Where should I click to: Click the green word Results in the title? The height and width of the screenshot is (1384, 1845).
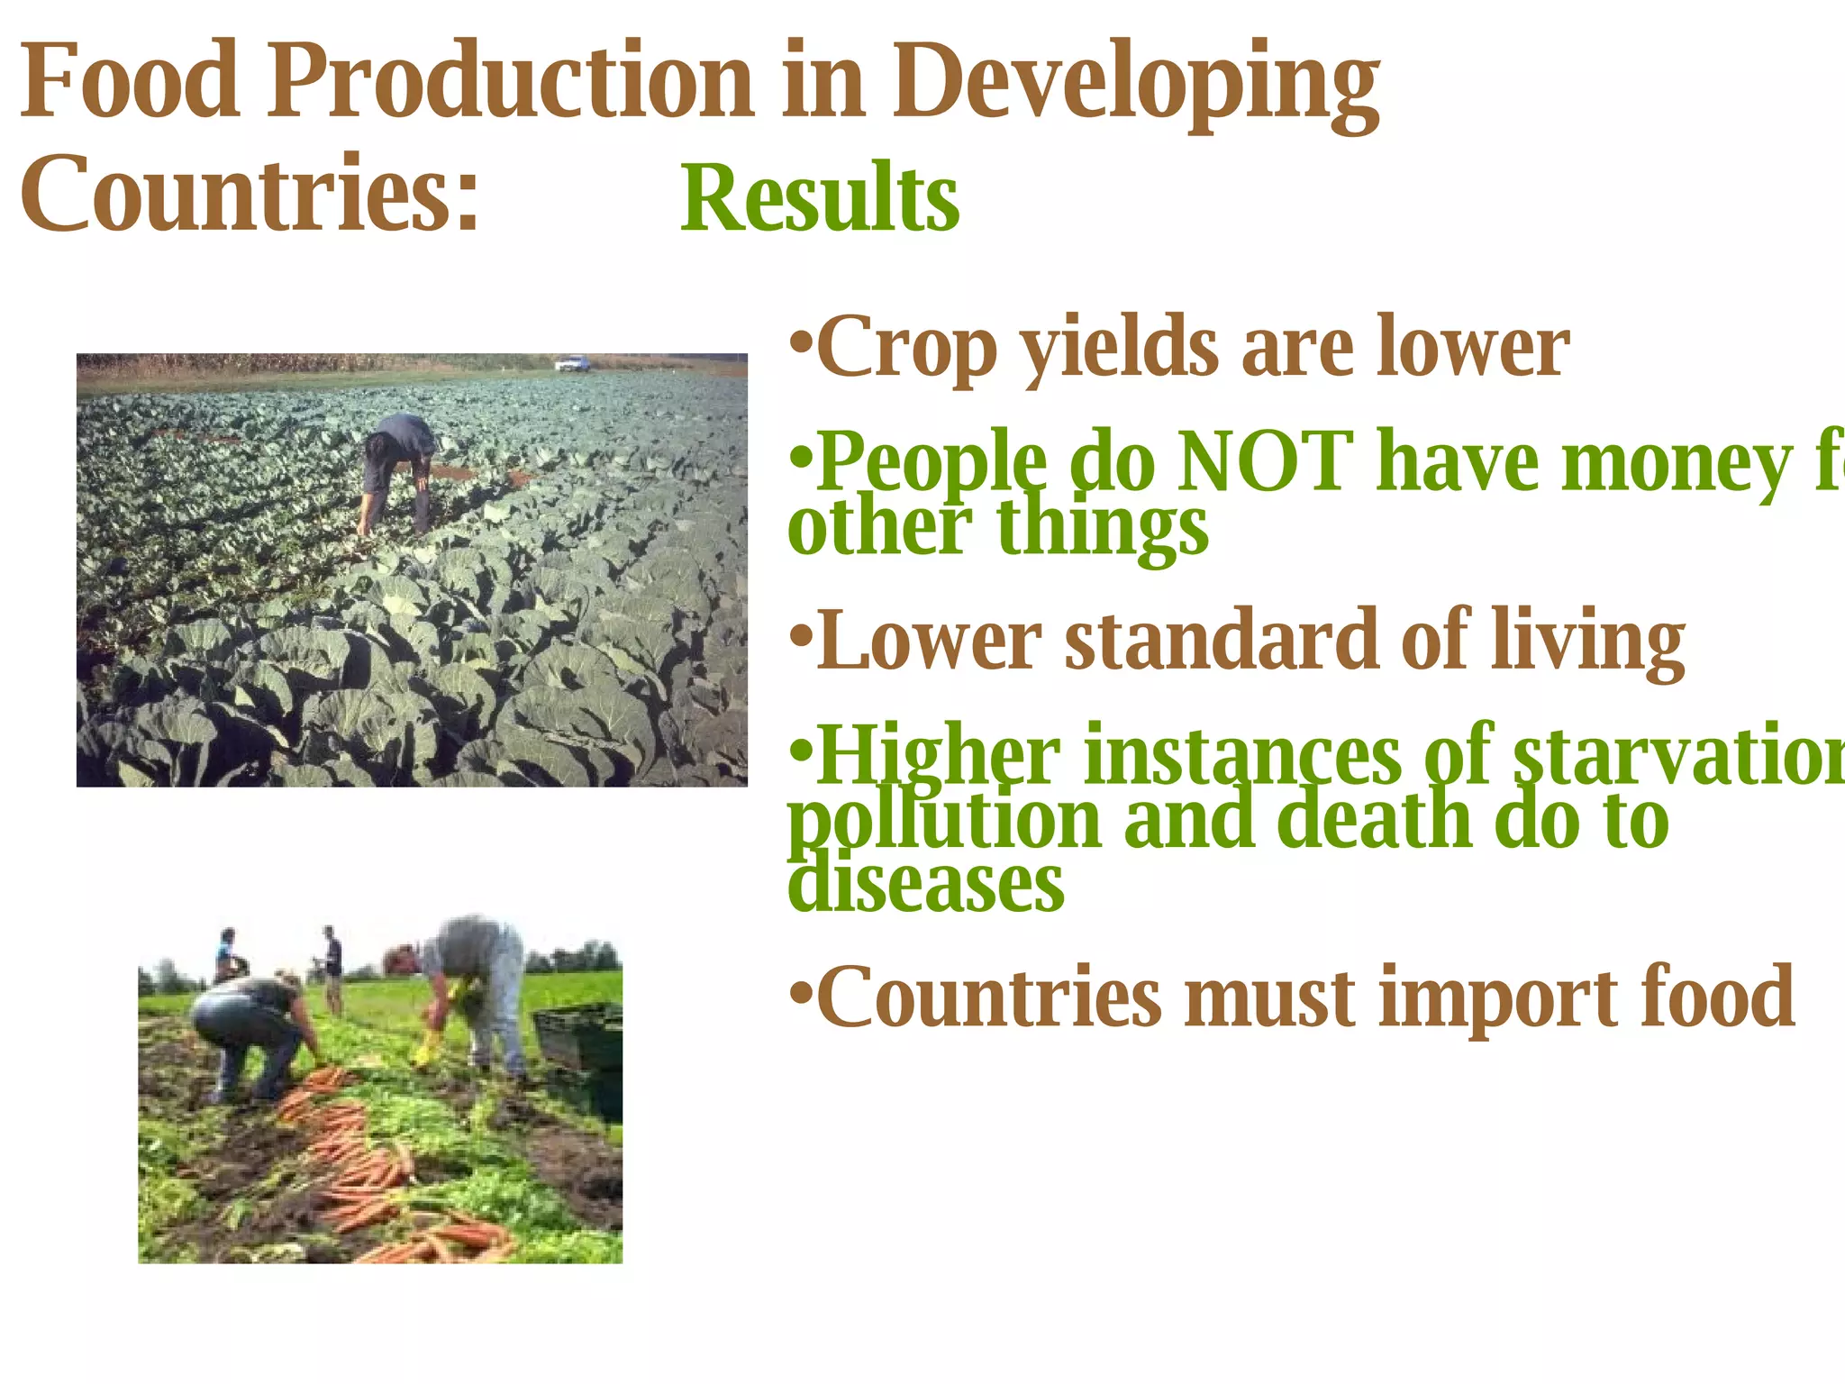click(x=820, y=198)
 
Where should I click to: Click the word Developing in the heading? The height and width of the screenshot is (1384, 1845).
click(x=1135, y=86)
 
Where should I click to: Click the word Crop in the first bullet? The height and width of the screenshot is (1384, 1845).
click(x=906, y=350)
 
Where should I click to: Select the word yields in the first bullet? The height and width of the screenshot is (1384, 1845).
click(x=1121, y=350)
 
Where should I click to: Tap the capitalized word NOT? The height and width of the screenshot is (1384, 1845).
click(x=1265, y=463)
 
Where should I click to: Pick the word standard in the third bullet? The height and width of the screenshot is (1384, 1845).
click(x=1222, y=642)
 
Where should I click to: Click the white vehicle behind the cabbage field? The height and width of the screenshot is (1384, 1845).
click(x=572, y=364)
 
